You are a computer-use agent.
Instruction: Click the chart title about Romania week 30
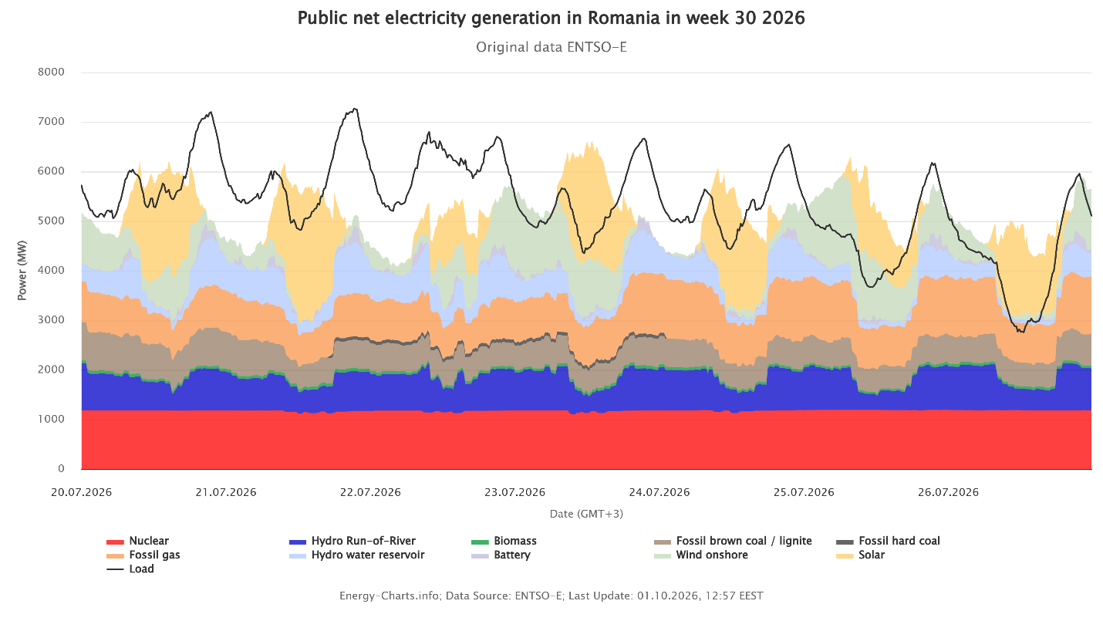point(551,19)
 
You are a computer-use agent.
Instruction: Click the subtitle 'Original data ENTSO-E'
point(551,47)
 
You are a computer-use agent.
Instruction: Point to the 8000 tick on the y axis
point(51,73)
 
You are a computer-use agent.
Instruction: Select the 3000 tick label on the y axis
point(51,320)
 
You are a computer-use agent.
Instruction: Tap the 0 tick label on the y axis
point(61,469)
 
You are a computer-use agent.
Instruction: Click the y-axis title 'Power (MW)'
point(22,270)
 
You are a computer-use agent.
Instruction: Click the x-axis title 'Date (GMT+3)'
point(586,514)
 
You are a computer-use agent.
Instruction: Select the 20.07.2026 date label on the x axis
point(81,492)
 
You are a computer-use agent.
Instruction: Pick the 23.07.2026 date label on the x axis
point(515,492)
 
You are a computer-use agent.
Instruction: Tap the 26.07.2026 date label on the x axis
point(949,492)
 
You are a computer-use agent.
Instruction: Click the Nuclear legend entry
point(138,542)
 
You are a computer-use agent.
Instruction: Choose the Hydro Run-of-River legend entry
point(352,542)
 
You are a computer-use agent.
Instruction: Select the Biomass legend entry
point(504,542)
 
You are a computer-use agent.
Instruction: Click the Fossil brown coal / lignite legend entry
point(733,542)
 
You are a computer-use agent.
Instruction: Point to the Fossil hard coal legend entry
point(889,542)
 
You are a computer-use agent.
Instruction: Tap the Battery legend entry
point(501,555)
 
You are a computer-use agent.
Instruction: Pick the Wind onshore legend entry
point(700,555)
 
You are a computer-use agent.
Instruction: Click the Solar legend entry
point(861,555)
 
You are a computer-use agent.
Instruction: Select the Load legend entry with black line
point(130,569)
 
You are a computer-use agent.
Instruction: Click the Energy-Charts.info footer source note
point(551,596)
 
